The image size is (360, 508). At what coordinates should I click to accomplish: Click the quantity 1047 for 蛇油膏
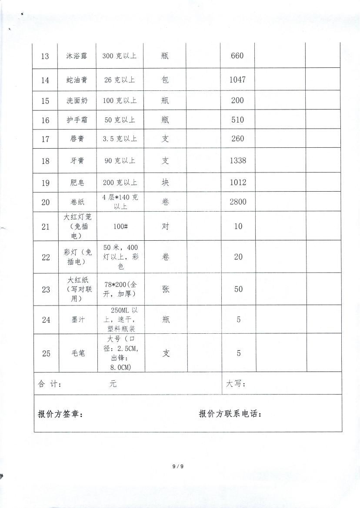pyautogui.click(x=238, y=80)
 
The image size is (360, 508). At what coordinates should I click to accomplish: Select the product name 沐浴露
pyautogui.click(x=77, y=56)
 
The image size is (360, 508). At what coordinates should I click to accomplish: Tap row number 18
pyautogui.click(x=45, y=161)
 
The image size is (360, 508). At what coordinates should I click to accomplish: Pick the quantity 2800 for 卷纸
pyautogui.click(x=238, y=202)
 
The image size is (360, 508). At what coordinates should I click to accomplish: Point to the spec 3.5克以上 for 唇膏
pyautogui.click(x=120, y=139)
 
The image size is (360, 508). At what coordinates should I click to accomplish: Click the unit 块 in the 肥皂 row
pyautogui.click(x=165, y=182)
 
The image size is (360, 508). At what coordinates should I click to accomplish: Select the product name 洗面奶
pyautogui.click(x=77, y=100)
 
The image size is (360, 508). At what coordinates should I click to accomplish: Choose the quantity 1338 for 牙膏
pyautogui.click(x=238, y=160)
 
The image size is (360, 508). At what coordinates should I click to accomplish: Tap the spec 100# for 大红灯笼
pyautogui.click(x=120, y=226)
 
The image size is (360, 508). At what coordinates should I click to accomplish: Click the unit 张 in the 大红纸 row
pyautogui.click(x=166, y=289)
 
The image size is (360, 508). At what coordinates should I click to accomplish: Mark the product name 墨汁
pyautogui.click(x=77, y=320)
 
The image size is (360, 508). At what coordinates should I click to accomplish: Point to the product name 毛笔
pyautogui.click(x=77, y=353)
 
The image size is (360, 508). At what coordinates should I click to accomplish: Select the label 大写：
pyautogui.click(x=236, y=384)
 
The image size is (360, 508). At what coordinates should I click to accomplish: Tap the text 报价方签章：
pyautogui.click(x=60, y=414)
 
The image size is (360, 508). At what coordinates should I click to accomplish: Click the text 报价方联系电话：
pyautogui.click(x=230, y=414)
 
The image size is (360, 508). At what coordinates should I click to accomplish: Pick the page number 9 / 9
pyautogui.click(x=178, y=466)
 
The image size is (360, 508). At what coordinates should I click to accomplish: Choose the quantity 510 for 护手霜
pyautogui.click(x=238, y=120)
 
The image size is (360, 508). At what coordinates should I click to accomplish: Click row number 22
pyautogui.click(x=46, y=257)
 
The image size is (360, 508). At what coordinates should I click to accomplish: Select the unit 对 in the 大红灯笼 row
pyautogui.click(x=165, y=226)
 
